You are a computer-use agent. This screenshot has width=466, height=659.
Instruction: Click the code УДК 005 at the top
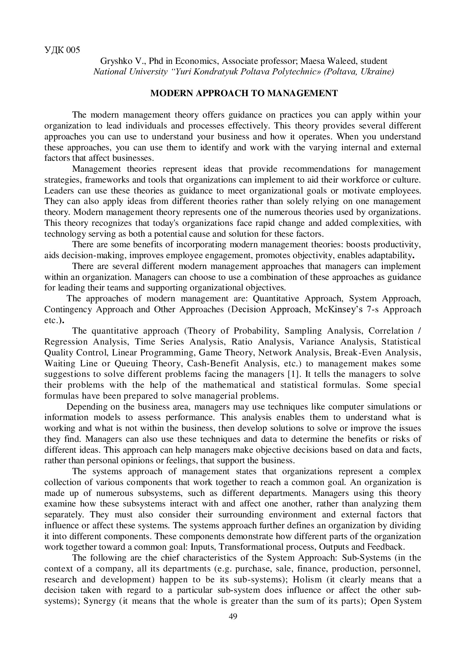tap(62, 50)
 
